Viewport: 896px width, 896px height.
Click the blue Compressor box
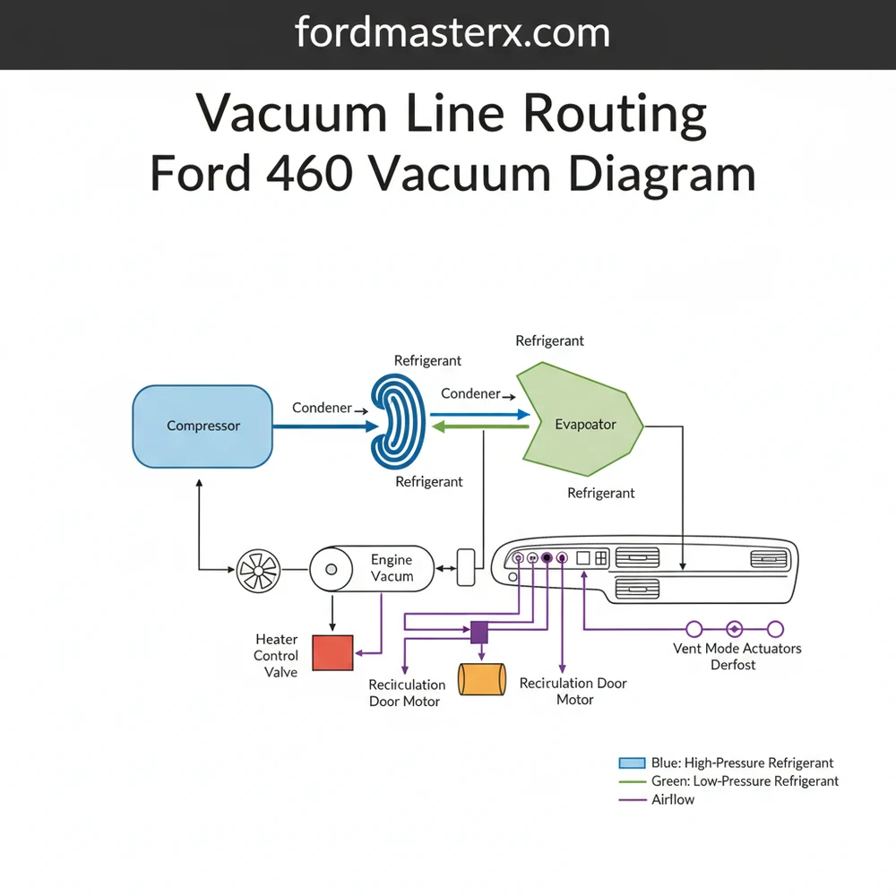(202, 426)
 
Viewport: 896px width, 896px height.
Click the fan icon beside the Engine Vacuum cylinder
(259, 569)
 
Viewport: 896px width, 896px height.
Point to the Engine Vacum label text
(392, 568)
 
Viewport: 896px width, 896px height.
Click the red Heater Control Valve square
(332, 651)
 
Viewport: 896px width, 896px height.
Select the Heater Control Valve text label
(276, 656)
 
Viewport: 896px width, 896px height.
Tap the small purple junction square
(479, 633)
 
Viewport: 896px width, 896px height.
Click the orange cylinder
(482, 679)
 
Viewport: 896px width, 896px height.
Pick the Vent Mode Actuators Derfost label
(737, 657)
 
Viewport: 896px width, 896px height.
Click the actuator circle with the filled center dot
(735, 629)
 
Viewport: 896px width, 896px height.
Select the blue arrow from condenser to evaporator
(479, 415)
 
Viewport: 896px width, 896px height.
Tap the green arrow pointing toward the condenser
(479, 428)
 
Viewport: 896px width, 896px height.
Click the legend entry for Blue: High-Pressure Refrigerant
(727, 763)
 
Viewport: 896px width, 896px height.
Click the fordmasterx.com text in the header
(452, 33)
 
